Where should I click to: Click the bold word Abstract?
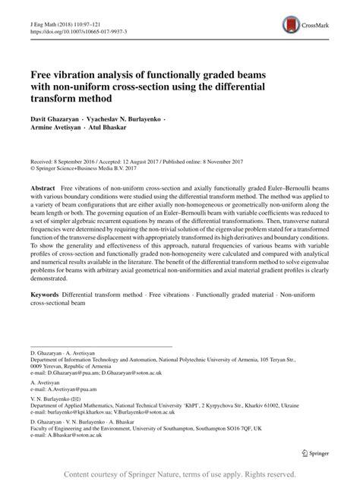pos(43,187)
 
